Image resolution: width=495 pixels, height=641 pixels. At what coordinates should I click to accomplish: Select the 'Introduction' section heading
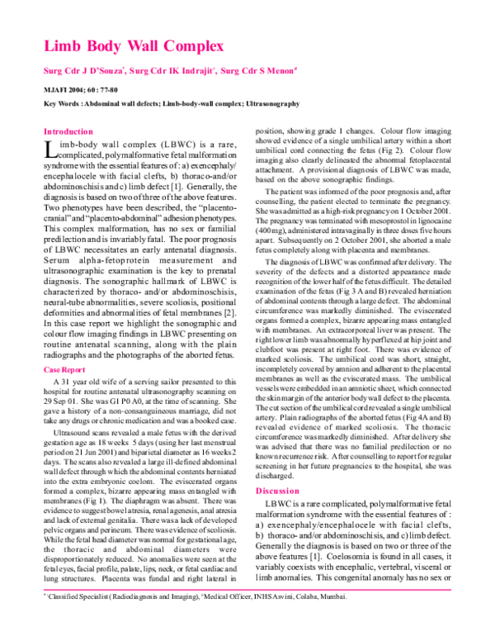pos(68,131)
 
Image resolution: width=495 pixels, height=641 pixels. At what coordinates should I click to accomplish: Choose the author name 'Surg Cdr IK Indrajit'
pos(175,71)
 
